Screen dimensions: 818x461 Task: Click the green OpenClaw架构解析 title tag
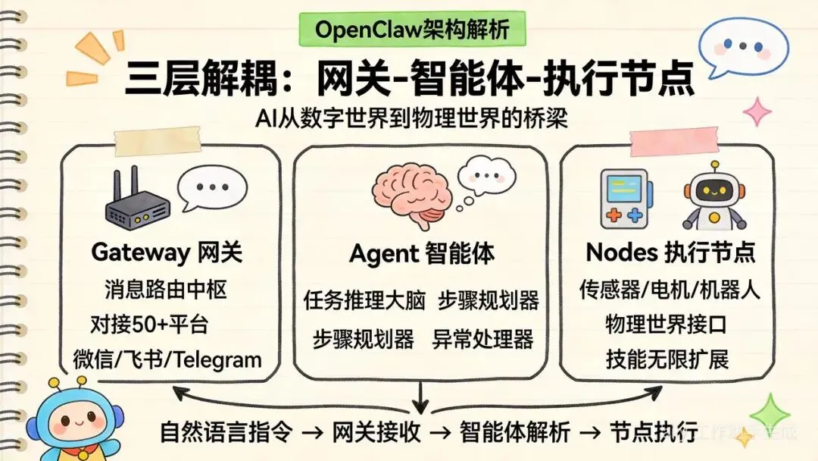click(411, 31)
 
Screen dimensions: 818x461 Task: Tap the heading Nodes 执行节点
click(672, 252)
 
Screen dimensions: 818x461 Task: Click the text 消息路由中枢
click(164, 290)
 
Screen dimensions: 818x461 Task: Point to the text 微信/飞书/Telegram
click(167, 359)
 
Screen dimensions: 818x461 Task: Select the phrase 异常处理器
click(482, 339)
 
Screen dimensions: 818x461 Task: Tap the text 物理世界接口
click(667, 325)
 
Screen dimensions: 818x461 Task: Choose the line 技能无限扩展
click(667, 359)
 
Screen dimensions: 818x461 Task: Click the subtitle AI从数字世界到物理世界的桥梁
click(411, 120)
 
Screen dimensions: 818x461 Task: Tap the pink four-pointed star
click(756, 111)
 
